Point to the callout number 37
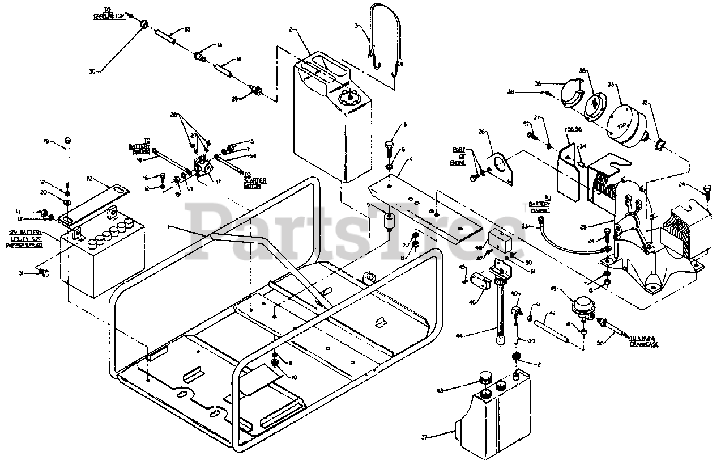tap(424, 437)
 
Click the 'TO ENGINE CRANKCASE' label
tap(646, 340)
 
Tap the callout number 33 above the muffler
tap(611, 85)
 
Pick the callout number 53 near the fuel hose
tap(188, 29)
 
